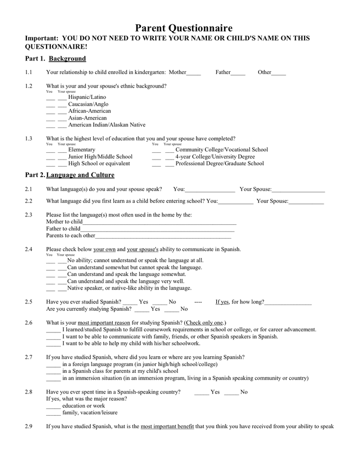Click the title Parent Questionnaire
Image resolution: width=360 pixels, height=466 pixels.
pyautogui.click(x=184, y=28)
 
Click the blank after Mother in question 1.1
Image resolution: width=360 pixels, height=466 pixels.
pyautogui.click(x=193, y=73)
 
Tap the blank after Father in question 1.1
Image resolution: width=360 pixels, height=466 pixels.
pyautogui.click(x=238, y=73)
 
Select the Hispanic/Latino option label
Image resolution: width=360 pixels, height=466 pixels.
pyautogui.click(x=87, y=97)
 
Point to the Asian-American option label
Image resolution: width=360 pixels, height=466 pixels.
pyautogui.click(x=87, y=118)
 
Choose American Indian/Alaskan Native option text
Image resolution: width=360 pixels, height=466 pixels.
pyautogui.click(x=107, y=125)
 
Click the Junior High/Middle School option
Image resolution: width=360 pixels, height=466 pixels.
pyautogui.click(x=100, y=156)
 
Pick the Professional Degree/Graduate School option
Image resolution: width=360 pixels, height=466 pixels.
pyautogui.click(x=219, y=164)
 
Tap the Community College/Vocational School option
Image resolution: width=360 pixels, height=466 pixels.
pyautogui.click(x=221, y=150)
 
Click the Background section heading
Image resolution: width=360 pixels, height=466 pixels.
pyautogui.click(x=67, y=59)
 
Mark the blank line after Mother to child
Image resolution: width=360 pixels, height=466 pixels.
pyautogui.click(x=159, y=222)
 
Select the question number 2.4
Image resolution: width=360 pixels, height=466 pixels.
pyautogui.click(x=28, y=249)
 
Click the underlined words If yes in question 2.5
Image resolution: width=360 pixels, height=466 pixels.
pyautogui.click(x=222, y=302)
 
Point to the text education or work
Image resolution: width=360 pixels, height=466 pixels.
pyautogui.click(x=83, y=406)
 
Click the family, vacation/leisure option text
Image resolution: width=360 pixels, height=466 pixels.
pyautogui.click(x=89, y=413)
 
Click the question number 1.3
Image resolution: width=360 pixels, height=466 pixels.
pyautogui.click(x=28, y=138)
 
